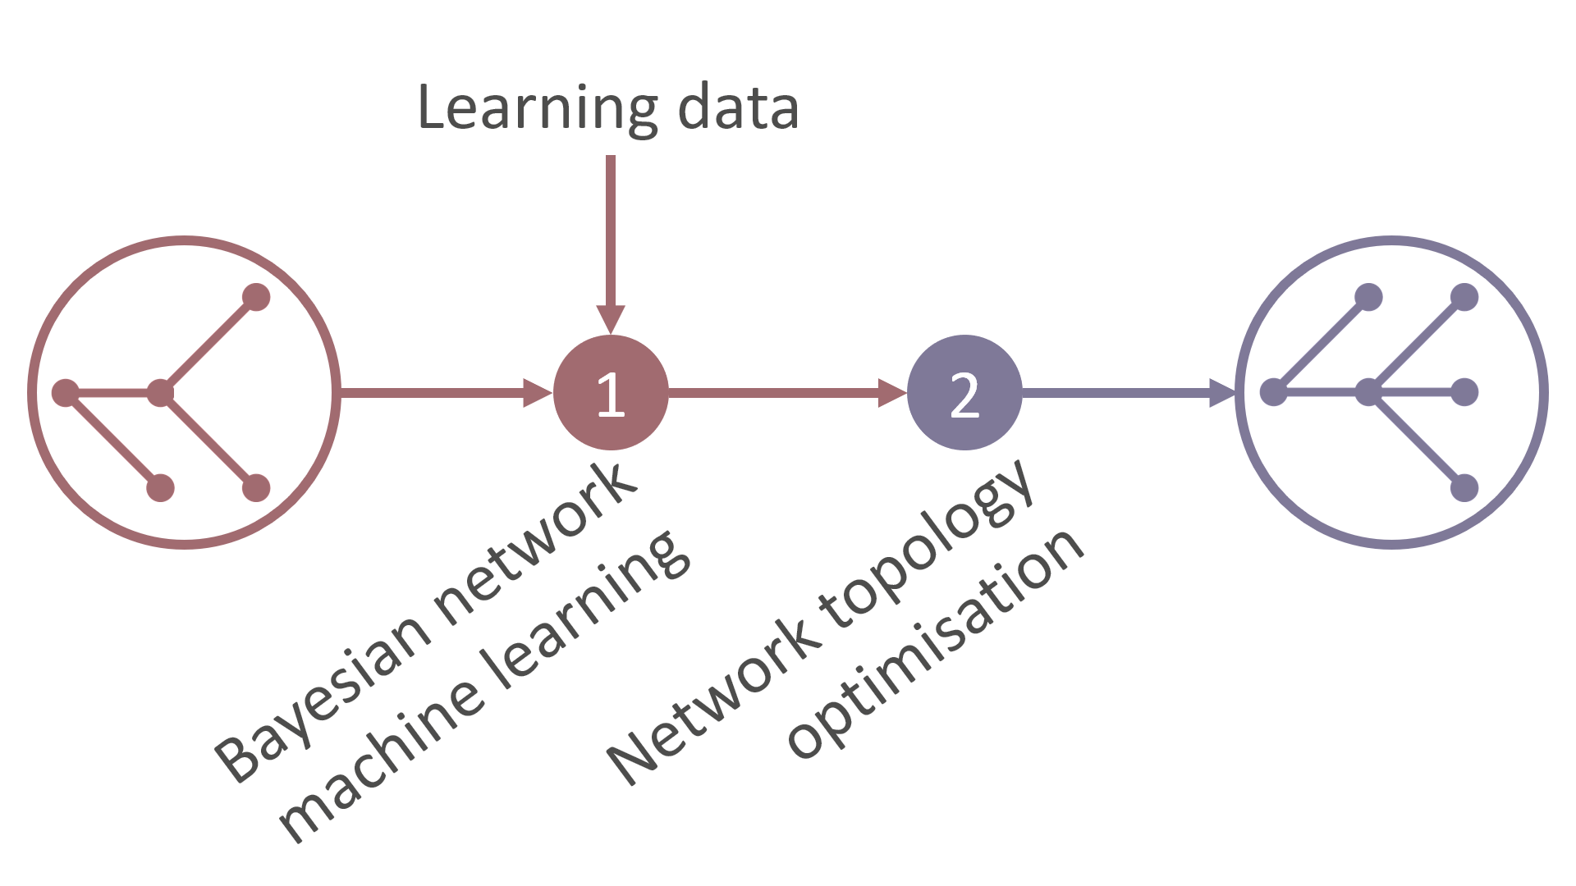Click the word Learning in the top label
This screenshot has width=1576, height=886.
pyautogui.click(x=538, y=108)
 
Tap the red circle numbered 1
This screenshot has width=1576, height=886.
pyautogui.click(x=611, y=392)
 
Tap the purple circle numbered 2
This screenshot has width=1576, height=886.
pyautogui.click(x=964, y=392)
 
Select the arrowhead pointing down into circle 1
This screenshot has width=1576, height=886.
pyautogui.click(x=611, y=318)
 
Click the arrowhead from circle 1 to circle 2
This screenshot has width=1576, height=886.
pyautogui.click(x=891, y=392)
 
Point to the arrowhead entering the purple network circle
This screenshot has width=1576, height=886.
pyautogui.click(x=1222, y=392)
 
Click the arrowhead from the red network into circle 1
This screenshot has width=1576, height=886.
pyautogui.click(x=538, y=392)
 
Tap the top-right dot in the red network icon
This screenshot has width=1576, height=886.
pyautogui.click(x=256, y=297)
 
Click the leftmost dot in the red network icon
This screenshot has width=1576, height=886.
pyautogui.click(x=65, y=393)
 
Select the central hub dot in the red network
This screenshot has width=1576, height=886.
pyautogui.click(x=160, y=393)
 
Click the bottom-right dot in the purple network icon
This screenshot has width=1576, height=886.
pyautogui.click(x=1464, y=488)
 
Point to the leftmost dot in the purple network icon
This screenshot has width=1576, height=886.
pyautogui.click(x=1273, y=393)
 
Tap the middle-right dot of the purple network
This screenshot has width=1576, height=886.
pyautogui.click(x=1464, y=392)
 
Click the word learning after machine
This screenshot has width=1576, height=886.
pyautogui.click(x=587, y=611)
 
